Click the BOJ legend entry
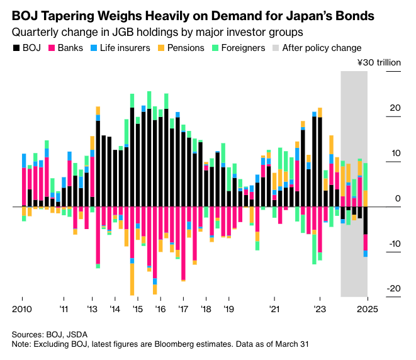tap(27, 48)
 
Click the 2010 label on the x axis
tap(22, 310)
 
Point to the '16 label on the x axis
tap(160, 310)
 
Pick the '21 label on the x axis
tap(274, 310)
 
